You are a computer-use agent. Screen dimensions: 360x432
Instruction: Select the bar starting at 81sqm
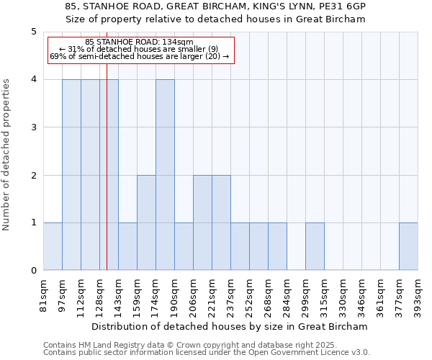coord(53,246)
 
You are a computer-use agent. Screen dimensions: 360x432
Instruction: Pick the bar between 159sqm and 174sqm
coord(146,222)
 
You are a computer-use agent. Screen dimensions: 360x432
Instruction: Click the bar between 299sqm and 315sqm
coord(315,246)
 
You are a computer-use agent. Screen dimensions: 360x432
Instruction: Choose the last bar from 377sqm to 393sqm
coord(408,246)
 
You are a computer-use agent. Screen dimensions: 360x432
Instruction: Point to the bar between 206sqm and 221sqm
coord(202,222)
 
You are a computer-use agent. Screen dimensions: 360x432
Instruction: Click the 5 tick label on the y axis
coord(34,32)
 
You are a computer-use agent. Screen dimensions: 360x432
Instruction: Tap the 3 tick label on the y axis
coord(34,127)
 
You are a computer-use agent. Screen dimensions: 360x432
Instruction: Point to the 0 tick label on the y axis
coord(34,271)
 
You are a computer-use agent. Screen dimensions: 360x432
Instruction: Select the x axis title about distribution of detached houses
coord(230,326)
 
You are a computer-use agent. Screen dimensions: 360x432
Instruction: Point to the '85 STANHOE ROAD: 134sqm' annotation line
coord(139,42)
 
